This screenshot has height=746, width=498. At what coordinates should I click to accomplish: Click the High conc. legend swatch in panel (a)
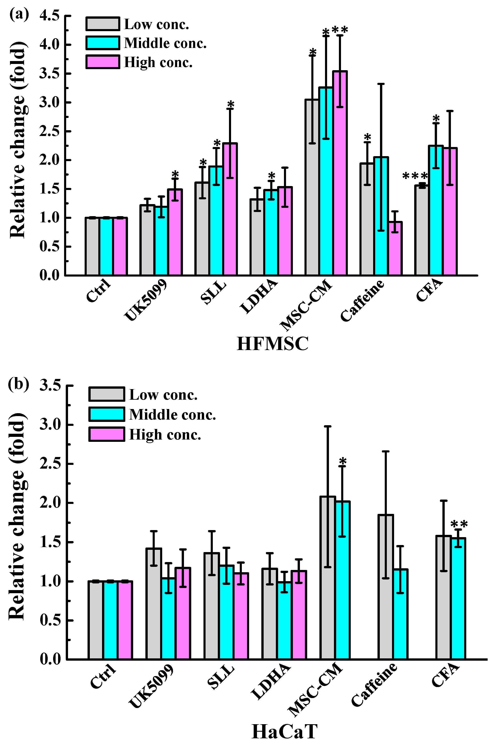tap(103, 62)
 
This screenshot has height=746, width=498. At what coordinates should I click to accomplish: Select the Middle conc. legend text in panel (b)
tap(172, 415)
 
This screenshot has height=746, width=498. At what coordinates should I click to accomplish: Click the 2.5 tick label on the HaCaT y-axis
tap(50, 464)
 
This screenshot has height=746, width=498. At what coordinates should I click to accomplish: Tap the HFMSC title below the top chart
tap(273, 344)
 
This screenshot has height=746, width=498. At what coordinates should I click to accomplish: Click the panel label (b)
tap(18, 384)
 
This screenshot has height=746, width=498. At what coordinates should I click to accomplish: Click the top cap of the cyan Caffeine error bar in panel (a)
tap(381, 84)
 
